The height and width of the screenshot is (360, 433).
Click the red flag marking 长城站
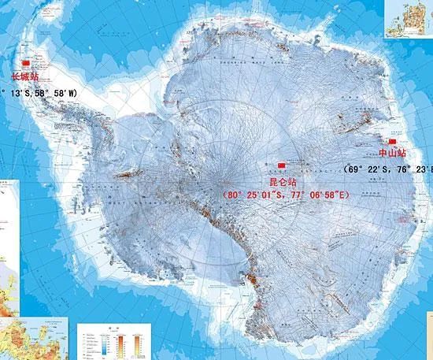pyautogui.click(x=24, y=62)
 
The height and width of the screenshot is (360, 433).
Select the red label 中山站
pyautogui.click(x=393, y=153)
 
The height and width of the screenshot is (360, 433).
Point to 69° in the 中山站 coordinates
pyautogui.click(x=357, y=169)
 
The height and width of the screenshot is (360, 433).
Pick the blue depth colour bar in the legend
pyautogui.click(x=93, y=344)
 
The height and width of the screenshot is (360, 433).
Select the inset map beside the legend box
pyautogui.click(x=35, y=339)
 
